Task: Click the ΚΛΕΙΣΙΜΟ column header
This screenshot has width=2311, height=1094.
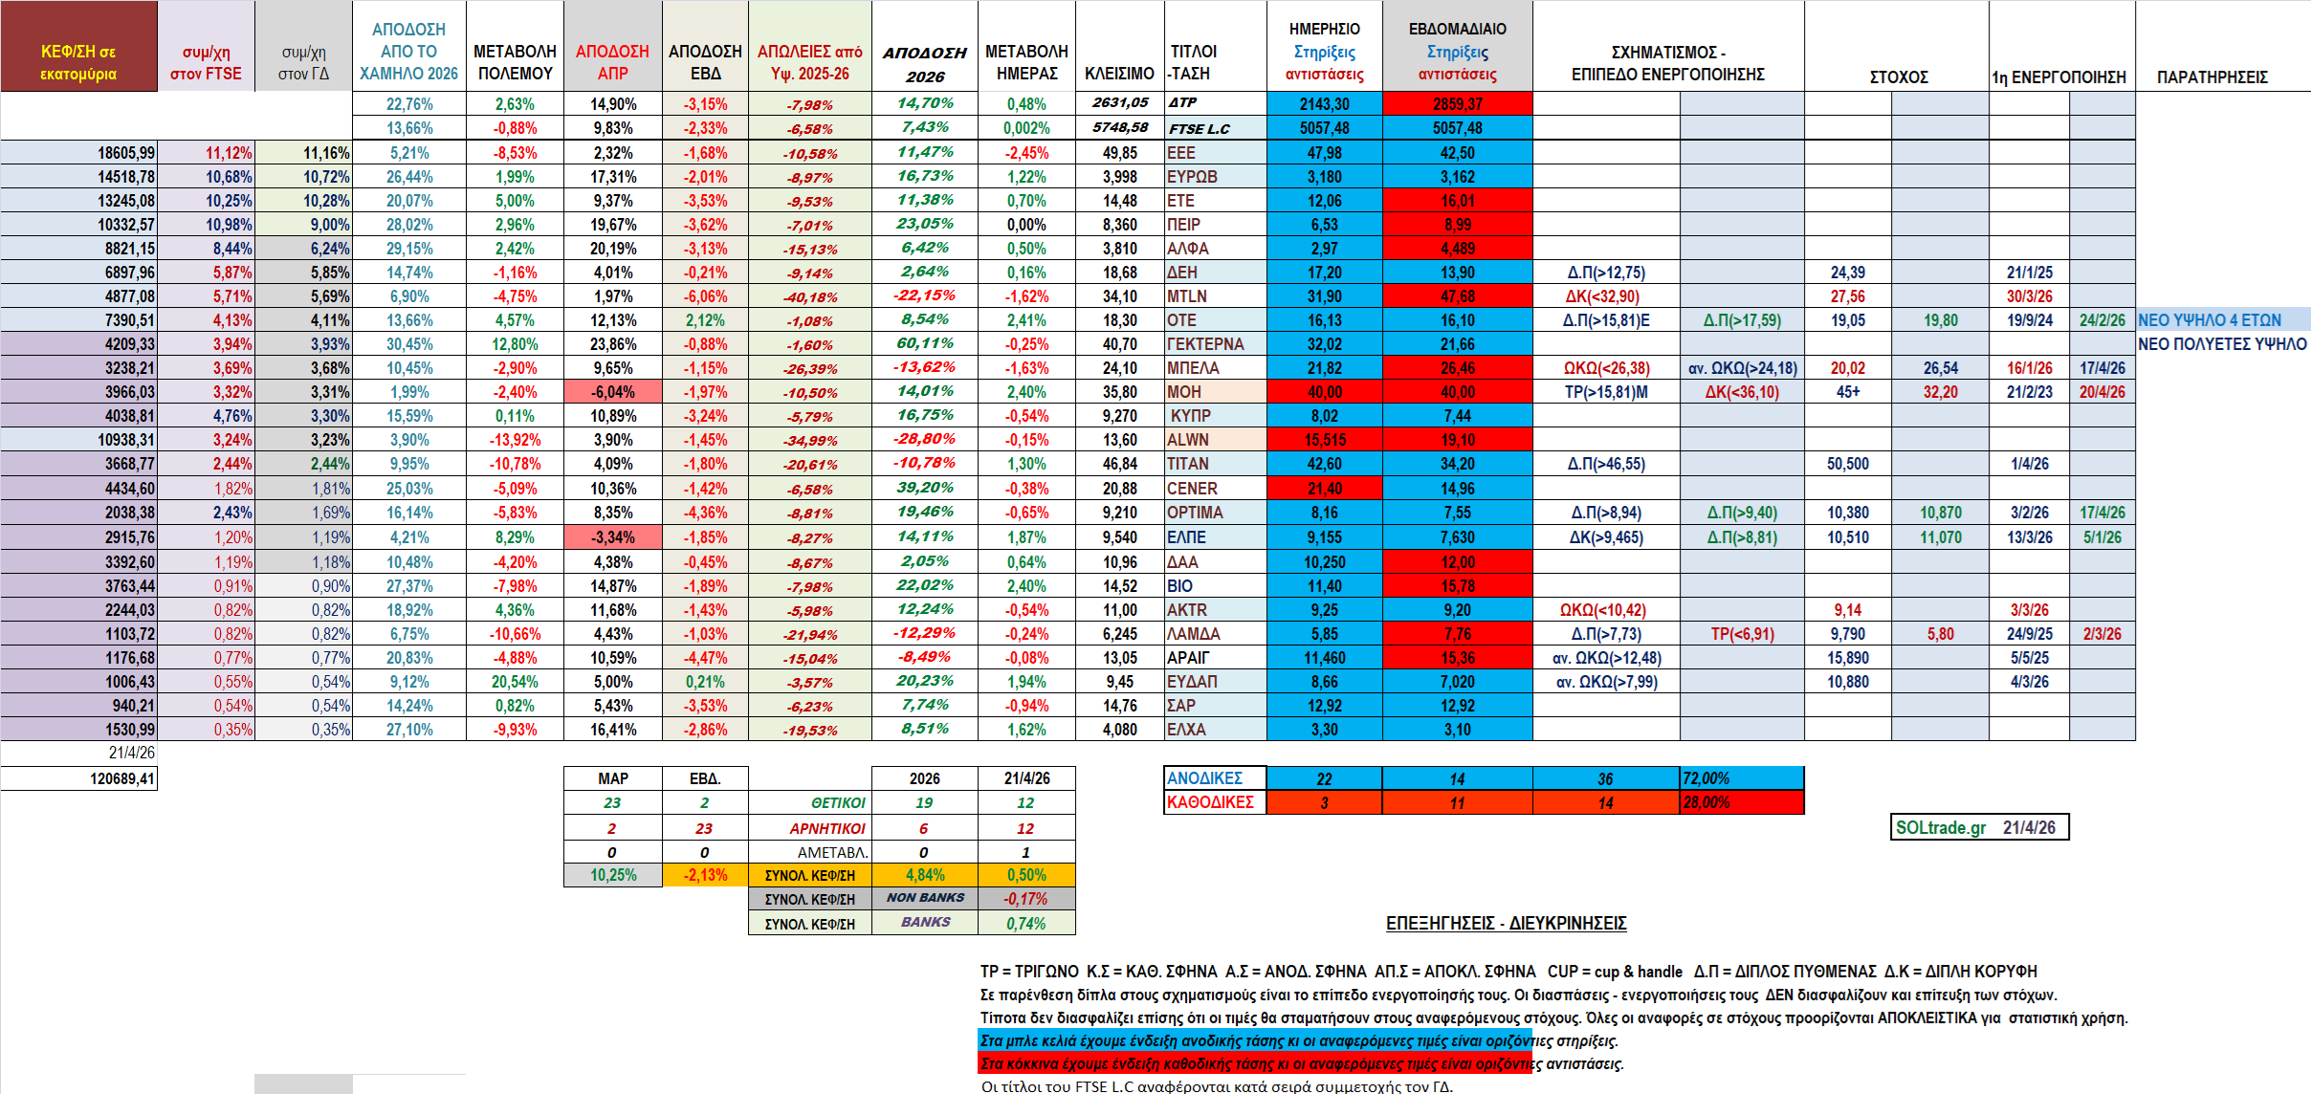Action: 1119,74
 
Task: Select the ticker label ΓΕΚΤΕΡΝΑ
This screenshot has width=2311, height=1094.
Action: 1204,344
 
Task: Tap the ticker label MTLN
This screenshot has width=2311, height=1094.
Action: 1186,296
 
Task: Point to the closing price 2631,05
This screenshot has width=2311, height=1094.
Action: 1120,103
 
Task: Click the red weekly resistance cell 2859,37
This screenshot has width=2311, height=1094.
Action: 1457,104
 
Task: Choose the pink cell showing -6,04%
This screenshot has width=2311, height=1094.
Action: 612,392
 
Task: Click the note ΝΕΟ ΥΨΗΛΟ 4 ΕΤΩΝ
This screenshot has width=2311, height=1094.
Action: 2209,320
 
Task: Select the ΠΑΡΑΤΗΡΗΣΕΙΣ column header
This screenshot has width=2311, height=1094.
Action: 2212,77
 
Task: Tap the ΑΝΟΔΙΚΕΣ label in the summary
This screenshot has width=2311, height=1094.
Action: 1204,778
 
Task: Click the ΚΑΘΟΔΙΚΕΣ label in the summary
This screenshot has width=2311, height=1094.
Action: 1210,802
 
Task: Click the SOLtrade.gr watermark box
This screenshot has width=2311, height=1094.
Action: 1978,827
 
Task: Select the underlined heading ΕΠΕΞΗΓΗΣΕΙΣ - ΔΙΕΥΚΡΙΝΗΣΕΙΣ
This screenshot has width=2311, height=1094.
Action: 1506,923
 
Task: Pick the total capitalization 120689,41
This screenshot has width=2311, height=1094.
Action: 121,778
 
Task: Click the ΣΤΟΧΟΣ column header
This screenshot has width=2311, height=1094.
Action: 1898,77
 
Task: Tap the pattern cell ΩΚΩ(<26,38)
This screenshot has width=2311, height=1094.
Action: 1606,368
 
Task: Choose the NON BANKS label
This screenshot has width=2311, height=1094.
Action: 925,898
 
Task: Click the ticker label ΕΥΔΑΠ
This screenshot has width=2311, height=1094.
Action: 1192,682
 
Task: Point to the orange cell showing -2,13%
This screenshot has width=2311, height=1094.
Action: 704,875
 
